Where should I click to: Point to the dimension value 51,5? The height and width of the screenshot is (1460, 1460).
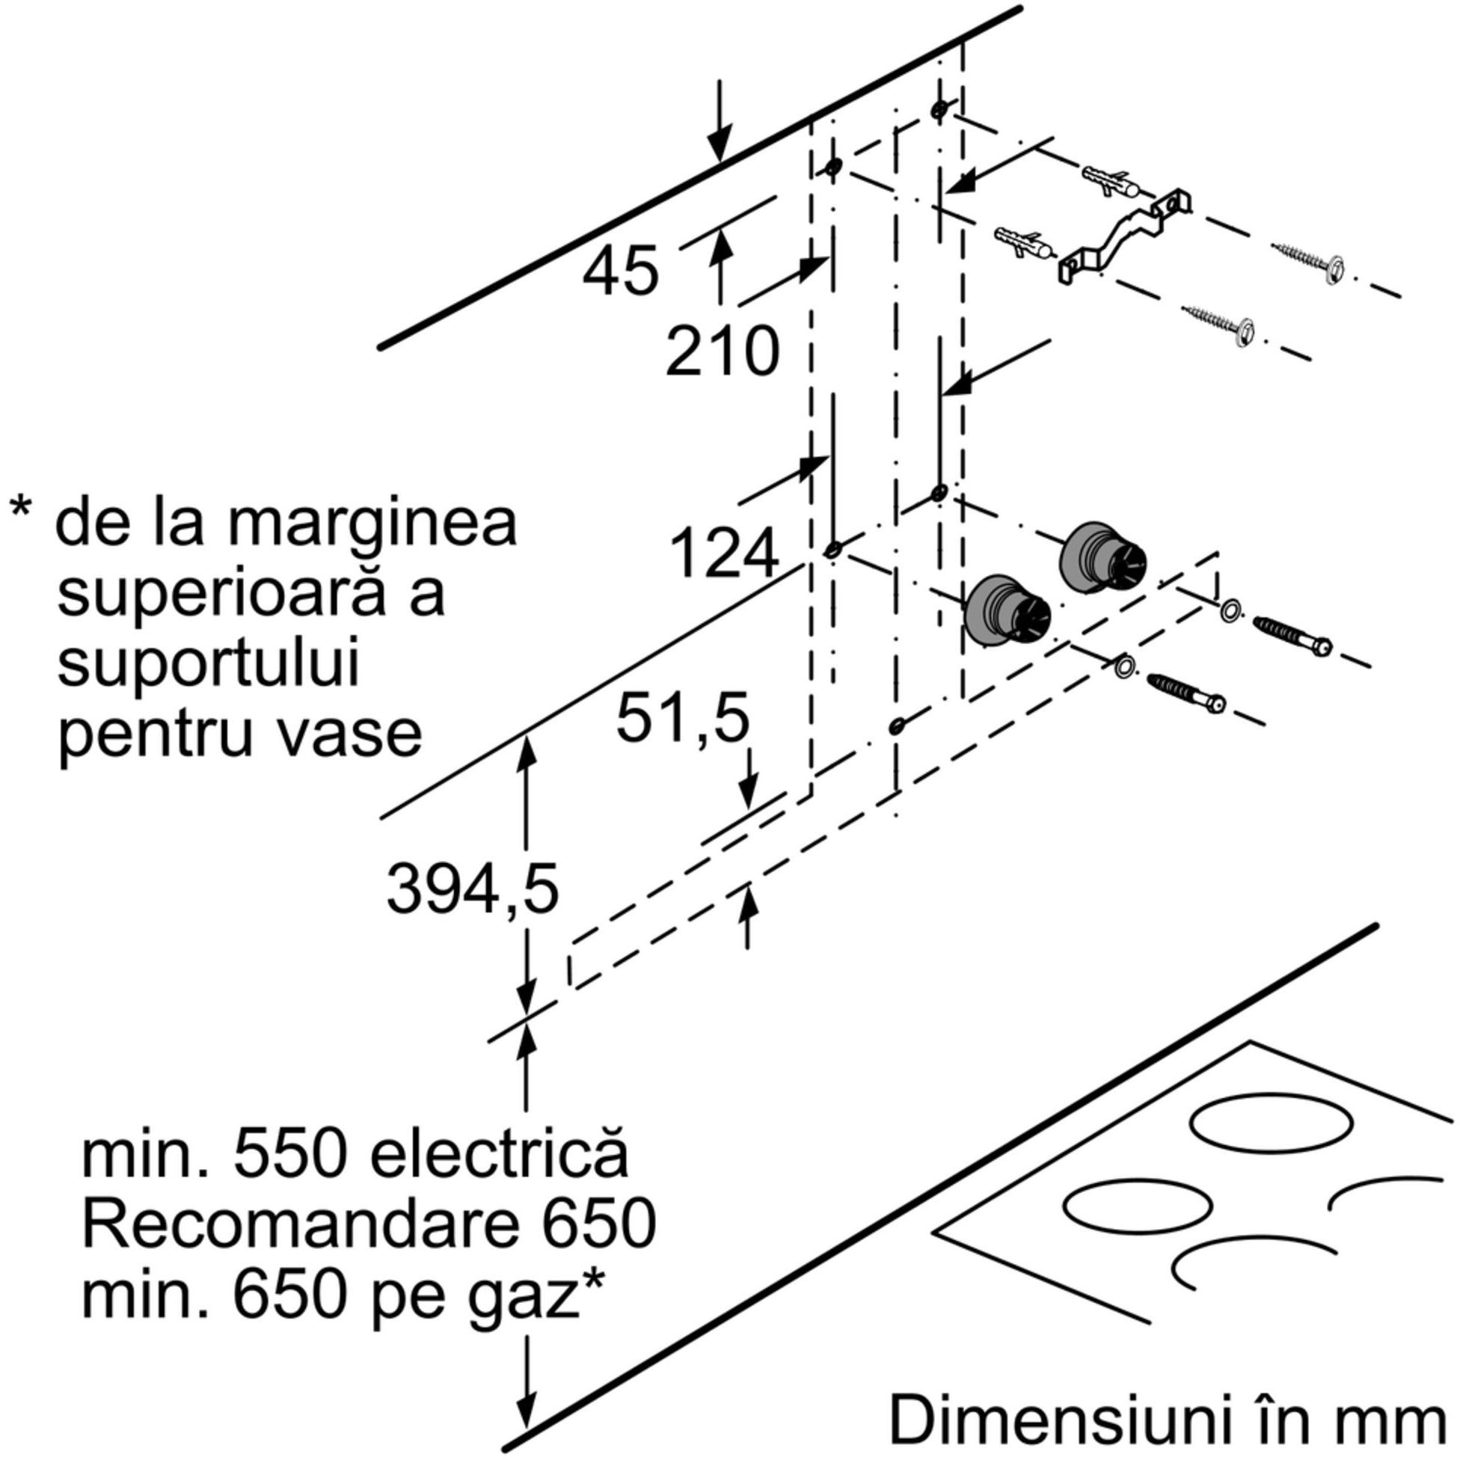coord(683,719)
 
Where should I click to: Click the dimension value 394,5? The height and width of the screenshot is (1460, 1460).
coord(473,889)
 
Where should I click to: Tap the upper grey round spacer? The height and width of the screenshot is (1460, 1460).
coord(1102,559)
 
